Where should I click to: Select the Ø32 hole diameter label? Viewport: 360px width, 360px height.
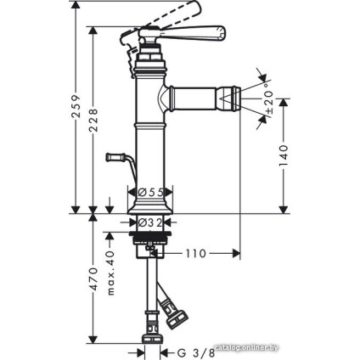(x=150, y=223)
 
